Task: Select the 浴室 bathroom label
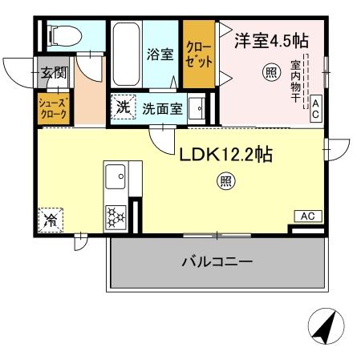(x=159, y=55)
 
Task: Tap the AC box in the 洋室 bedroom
(x=316, y=107)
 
